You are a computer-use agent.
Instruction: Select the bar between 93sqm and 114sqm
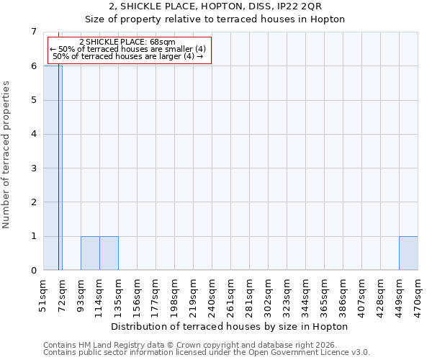point(90,253)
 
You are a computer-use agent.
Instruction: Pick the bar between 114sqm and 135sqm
point(109,253)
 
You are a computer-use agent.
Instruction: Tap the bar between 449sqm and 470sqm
point(408,253)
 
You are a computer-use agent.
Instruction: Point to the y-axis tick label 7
point(33,32)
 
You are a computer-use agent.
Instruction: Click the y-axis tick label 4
point(33,134)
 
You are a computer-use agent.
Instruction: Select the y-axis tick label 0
point(33,271)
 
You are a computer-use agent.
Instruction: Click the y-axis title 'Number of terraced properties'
point(7,154)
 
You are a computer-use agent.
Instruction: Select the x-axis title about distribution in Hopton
point(230,326)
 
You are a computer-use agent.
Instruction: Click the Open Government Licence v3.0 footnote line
point(207,353)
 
